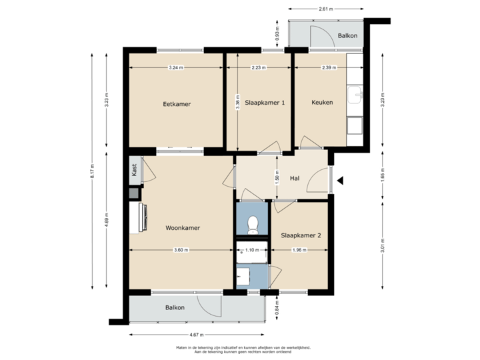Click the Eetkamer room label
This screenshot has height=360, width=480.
coord(175,103)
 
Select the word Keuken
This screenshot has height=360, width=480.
coord(322,102)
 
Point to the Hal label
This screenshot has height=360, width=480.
coord(295,178)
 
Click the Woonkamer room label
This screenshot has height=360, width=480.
coord(183,228)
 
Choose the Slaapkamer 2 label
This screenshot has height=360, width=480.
coord(301,235)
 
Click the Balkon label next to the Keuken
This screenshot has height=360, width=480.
coord(347,35)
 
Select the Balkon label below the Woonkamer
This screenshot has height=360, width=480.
coord(175,308)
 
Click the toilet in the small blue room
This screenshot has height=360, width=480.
coord(252,223)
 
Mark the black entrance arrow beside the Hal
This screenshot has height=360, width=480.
coord(340,179)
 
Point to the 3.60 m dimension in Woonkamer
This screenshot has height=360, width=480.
coord(180,250)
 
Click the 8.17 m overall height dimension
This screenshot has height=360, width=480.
coord(93,175)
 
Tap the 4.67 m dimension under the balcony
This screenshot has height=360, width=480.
coord(196,335)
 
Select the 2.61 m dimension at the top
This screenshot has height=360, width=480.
coord(326,9)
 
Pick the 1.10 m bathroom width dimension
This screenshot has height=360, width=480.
coord(251,250)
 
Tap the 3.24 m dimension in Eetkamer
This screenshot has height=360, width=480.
coord(176,67)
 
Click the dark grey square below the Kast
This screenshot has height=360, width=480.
coord(134,193)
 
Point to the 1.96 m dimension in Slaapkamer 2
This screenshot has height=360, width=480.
coord(299,250)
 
